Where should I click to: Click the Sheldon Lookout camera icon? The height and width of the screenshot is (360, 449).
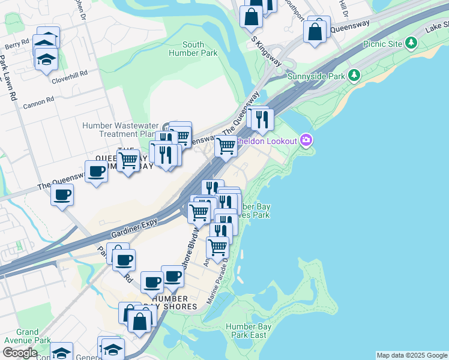(307, 140)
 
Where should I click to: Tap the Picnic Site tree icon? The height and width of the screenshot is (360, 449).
(411, 43)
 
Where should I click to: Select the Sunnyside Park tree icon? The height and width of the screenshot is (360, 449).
(354, 76)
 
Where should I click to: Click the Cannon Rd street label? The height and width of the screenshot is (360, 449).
(38, 104)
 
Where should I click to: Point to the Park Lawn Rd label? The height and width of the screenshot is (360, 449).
(10, 78)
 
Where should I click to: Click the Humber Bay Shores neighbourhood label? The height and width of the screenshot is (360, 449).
(175, 302)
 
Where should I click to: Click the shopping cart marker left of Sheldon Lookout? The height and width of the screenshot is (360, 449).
(226, 145)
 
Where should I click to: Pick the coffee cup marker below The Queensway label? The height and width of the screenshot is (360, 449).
(62, 195)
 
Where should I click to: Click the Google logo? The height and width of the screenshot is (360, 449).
(19, 353)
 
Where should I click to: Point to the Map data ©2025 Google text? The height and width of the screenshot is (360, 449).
(411, 355)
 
